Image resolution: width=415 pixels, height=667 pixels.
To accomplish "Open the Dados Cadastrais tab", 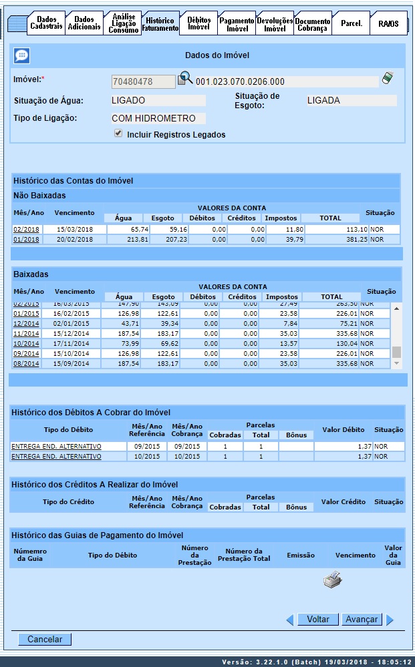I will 46,23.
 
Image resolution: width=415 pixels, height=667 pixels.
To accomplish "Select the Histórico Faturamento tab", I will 160,25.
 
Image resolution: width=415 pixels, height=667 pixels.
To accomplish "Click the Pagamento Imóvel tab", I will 237,25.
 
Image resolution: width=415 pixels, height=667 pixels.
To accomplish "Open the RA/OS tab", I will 388,23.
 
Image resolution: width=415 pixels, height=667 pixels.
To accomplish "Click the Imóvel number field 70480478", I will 143,81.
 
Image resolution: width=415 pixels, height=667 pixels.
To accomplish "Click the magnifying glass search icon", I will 184,79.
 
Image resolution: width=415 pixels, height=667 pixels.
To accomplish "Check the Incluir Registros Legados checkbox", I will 118,134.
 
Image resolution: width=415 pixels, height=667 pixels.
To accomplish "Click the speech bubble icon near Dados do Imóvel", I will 21,56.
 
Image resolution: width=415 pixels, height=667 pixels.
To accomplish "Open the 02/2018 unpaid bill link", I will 26,229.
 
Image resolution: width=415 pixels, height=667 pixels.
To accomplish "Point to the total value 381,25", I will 354,240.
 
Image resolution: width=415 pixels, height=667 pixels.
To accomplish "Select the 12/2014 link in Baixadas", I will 26,323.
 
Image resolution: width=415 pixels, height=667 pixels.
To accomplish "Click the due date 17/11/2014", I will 74,343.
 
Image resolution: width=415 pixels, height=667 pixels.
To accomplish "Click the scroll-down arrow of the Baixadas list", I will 397,363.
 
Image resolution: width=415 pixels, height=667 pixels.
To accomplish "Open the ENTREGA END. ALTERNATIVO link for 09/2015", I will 56,446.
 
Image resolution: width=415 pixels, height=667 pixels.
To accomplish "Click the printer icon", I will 332,580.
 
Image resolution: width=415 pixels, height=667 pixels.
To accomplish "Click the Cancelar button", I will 45,640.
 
